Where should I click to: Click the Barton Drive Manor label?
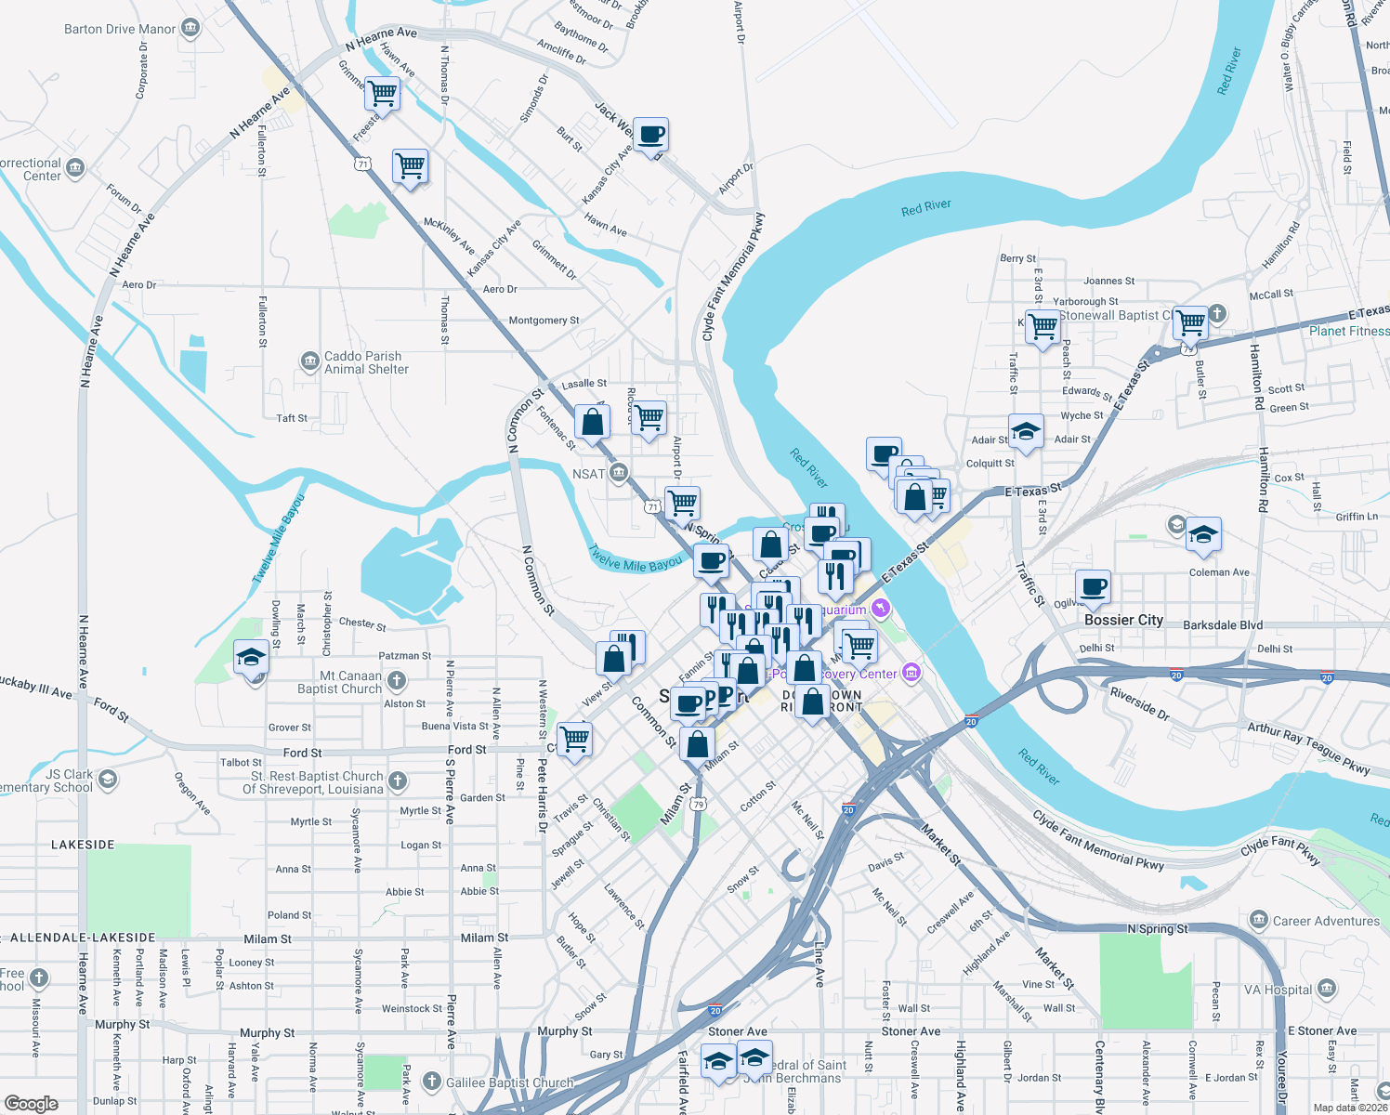119,29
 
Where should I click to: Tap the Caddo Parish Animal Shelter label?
363,362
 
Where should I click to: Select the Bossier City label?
1123,620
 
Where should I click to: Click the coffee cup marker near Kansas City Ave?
650,135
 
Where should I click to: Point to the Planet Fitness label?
1349,331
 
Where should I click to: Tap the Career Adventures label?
1326,921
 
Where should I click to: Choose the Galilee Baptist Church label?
509,1082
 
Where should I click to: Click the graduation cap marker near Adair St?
1025,431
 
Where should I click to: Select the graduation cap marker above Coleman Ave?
1203,534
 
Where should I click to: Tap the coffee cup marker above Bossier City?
1094,587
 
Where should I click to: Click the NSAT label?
589,474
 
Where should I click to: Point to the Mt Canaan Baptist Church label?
339,682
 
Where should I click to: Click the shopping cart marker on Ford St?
575,740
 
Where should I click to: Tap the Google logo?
31,1103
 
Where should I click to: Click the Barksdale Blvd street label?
1223,625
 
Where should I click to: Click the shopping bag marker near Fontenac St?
592,422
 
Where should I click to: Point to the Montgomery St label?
544,321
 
